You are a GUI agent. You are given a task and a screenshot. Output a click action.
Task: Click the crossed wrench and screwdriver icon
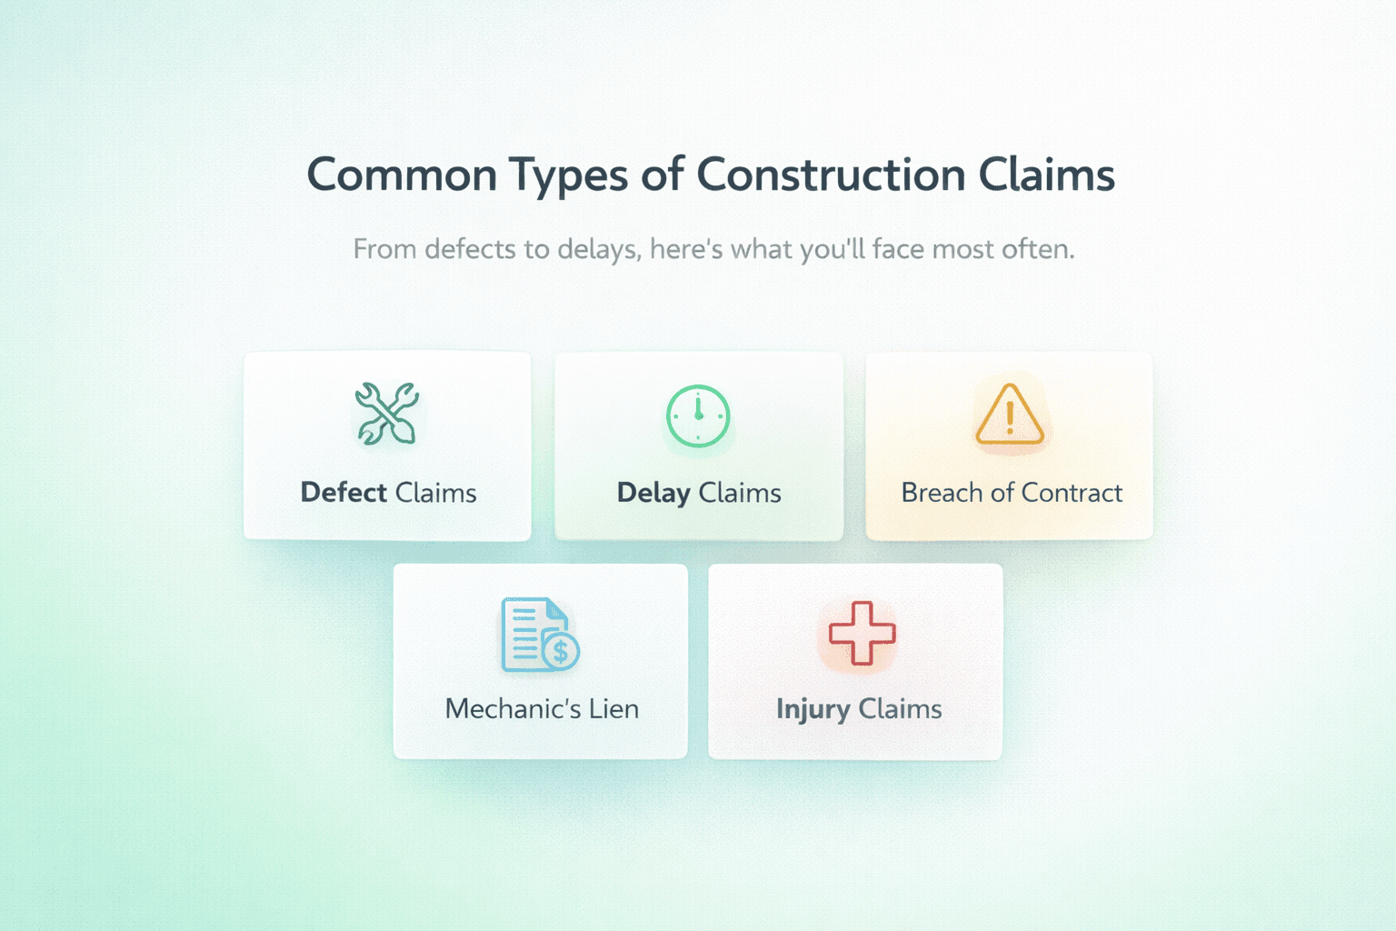pos(387,414)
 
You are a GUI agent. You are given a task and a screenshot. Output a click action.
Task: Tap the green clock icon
pos(698,415)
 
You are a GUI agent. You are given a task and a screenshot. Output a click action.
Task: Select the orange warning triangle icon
pos(1009,415)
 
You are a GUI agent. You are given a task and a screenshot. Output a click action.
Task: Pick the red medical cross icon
pos(862,633)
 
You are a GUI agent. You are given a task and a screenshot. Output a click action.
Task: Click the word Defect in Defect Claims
pos(344,493)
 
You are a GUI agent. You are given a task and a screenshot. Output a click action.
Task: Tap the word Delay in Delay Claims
pos(653,494)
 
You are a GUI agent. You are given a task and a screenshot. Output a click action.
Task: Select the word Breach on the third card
pos(942,493)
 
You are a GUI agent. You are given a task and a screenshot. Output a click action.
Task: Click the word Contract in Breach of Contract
pos(1072,493)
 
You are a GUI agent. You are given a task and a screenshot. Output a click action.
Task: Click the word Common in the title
pos(402,175)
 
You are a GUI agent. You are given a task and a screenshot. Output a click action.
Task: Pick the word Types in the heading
pos(568,176)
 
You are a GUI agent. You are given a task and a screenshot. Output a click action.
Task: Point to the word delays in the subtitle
pos(597,250)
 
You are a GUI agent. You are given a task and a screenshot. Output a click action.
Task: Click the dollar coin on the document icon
pos(560,652)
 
